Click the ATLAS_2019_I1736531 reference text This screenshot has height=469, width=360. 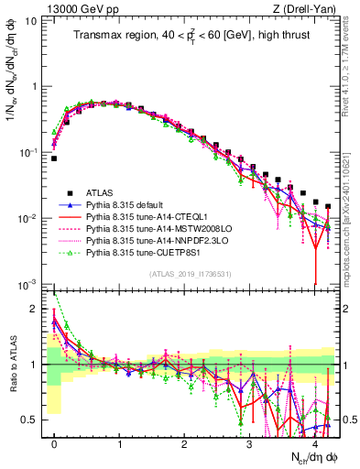pyautogui.click(x=190, y=274)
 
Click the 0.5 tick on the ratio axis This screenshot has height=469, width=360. pyautogui.click(x=31, y=420)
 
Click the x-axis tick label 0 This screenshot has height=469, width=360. pyautogui.click(x=54, y=443)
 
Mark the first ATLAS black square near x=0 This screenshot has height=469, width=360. pyautogui.click(x=54, y=158)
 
